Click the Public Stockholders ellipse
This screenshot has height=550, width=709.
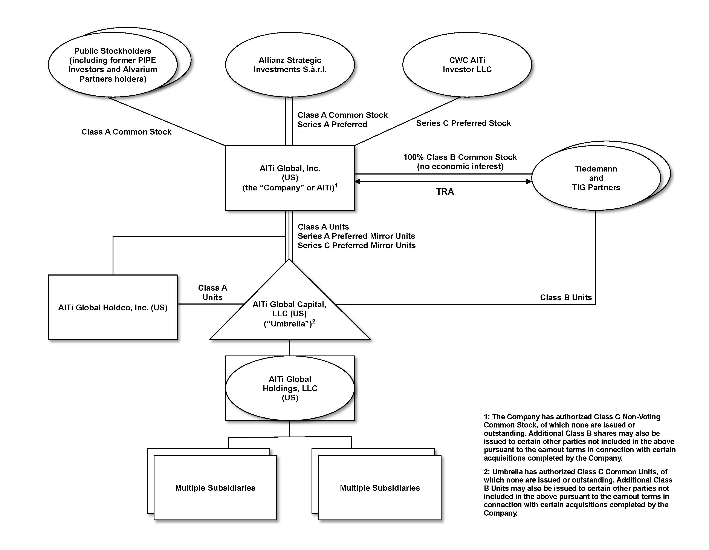coord(113,65)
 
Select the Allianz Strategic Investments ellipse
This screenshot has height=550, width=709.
coord(290,65)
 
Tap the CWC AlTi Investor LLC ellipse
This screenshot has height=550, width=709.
coord(467,65)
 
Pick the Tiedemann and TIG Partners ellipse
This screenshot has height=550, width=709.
coord(596,178)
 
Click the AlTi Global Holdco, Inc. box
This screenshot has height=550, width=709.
coord(113,308)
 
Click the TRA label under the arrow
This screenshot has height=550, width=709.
coord(445,192)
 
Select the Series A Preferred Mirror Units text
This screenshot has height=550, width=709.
coord(356,236)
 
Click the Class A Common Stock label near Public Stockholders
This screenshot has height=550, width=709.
coord(126,132)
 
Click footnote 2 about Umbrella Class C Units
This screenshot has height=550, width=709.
coord(578,492)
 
